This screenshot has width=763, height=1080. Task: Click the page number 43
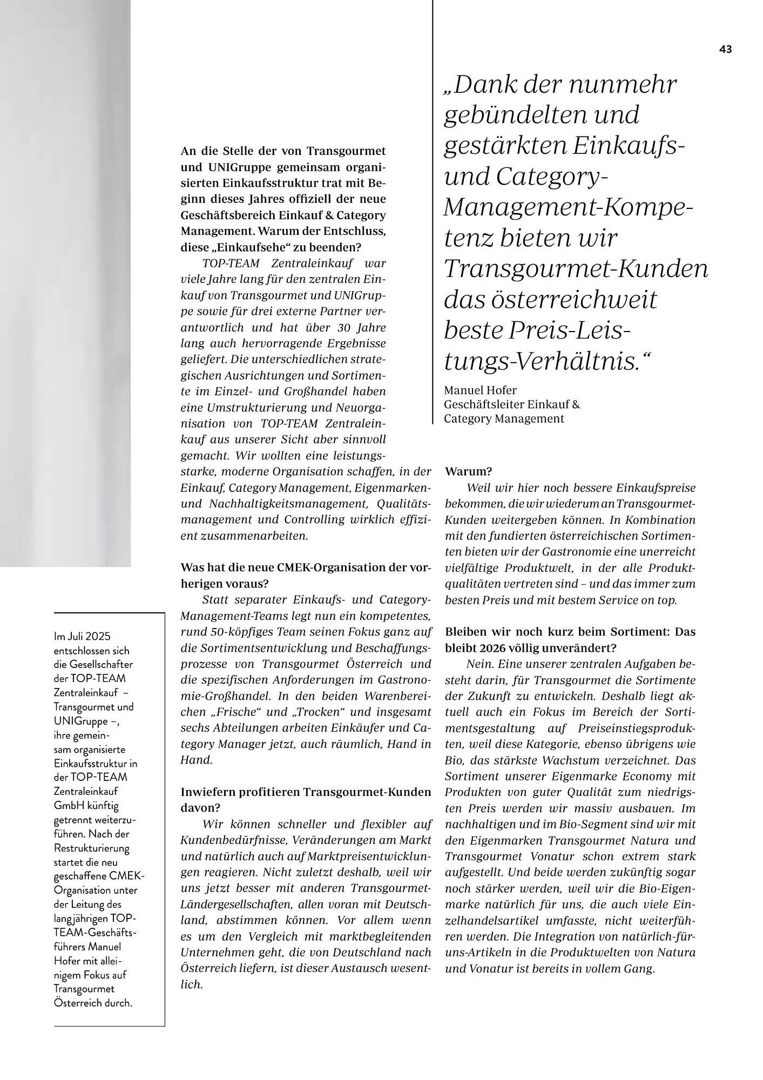click(x=725, y=49)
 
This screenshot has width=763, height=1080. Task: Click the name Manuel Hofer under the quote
click(x=480, y=390)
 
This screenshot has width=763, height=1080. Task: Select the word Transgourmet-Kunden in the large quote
click(x=576, y=268)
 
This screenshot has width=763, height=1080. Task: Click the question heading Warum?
click(x=468, y=471)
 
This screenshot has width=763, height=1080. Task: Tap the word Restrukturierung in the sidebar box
click(x=92, y=848)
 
